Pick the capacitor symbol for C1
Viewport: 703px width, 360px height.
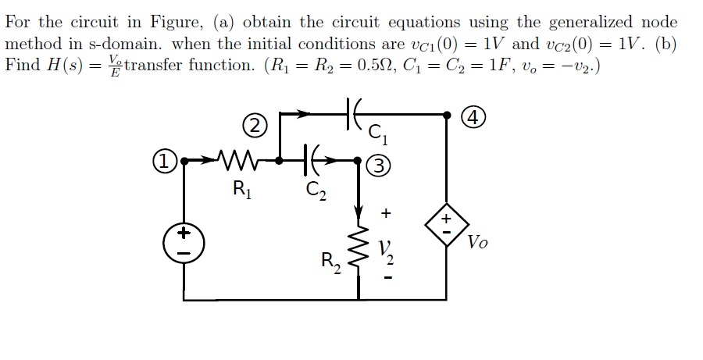click(351, 114)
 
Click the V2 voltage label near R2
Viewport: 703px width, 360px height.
click(385, 251)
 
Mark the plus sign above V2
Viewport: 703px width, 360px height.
click(385, 212)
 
